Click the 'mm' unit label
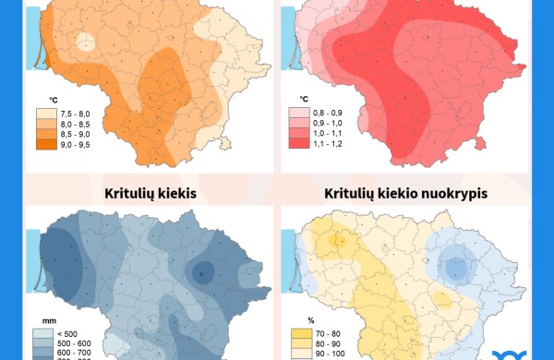point(39,319)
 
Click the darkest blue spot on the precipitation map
point(204,271)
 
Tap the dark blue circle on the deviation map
point(453,268)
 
